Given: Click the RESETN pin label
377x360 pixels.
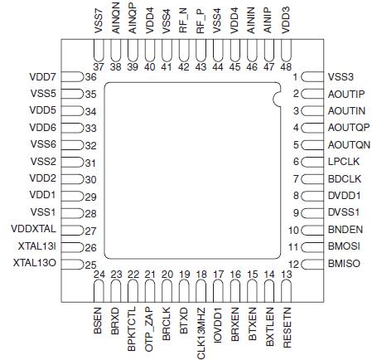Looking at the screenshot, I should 288,326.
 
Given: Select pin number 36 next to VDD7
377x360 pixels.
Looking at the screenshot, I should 91,77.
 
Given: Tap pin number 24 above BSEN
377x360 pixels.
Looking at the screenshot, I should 97,274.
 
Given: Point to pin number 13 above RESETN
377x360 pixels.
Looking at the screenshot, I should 287,274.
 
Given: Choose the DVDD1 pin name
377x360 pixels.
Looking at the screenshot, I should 344,196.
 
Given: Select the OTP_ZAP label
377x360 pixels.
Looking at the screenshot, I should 150,326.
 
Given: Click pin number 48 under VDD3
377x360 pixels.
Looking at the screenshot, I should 286,66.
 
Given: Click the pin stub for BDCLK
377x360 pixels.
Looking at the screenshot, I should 315,178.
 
